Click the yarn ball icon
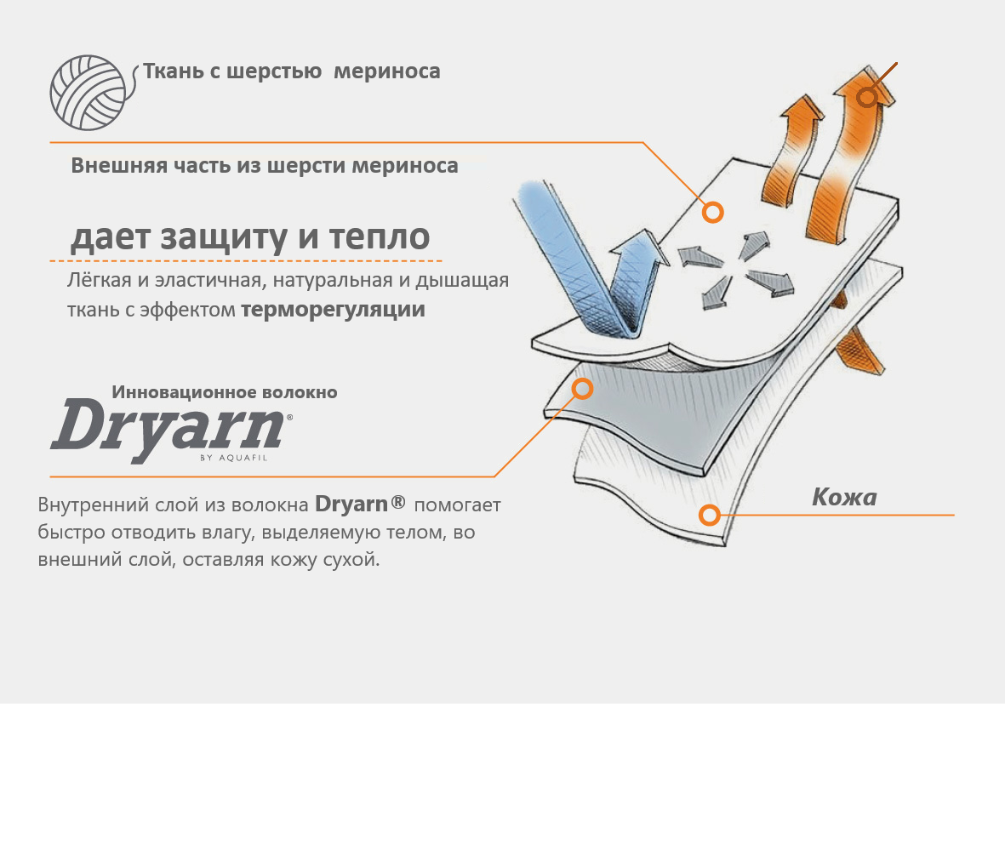[x=88, y=93]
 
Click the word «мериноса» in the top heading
[x=387, y=71]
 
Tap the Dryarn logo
[x=170, y=429]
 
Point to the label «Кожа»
[x=844, y=498]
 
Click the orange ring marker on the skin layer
[x=709, y=515]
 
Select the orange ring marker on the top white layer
[x=713, y=212]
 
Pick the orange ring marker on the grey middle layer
[x=582, y=388]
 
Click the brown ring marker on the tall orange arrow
[x=867, y=97]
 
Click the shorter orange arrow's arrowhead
[x=802, y=109]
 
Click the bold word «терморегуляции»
[x=333, y=310]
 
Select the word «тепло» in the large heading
[x=380, y=237]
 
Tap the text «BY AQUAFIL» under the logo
[x=233, y=458]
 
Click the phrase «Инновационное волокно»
[x=225, y=392]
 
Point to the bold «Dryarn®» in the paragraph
[x=360, y=505]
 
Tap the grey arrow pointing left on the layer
[x=700, y=257]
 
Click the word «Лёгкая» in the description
[x=99, y=280]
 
